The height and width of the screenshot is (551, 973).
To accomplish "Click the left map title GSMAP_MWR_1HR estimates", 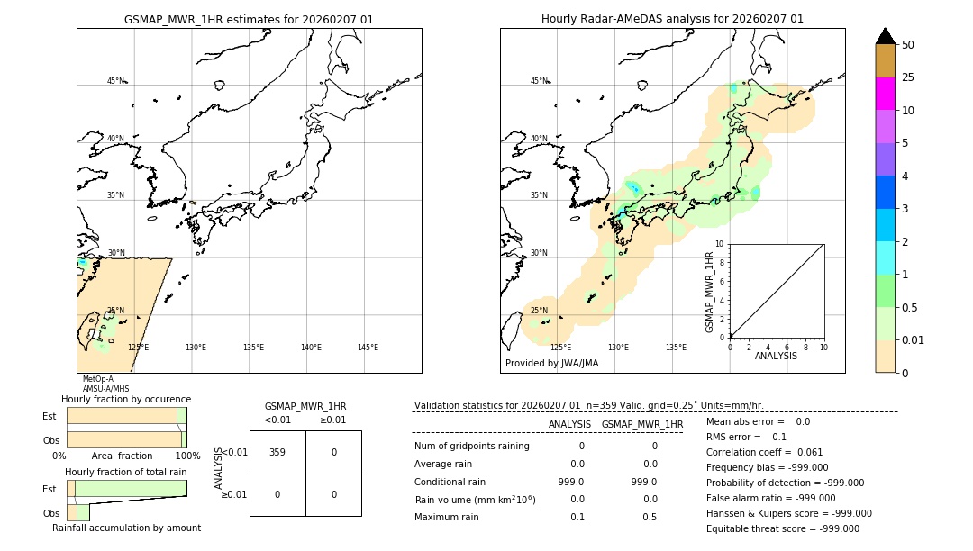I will click(249, 19).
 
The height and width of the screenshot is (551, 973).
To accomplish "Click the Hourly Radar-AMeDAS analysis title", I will click(672, 19).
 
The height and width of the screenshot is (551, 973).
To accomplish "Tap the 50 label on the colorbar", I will click(908, 45).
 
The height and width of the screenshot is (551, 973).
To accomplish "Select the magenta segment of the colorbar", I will click(885, 94).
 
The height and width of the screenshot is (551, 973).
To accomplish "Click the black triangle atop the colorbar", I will click(885, 36).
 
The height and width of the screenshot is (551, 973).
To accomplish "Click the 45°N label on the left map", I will click(115, 81).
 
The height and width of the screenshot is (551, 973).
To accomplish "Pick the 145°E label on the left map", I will click(368, 348).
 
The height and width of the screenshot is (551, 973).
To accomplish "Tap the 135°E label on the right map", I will click(676, 348).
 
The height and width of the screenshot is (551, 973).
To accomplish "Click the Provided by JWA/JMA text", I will click(551, 364).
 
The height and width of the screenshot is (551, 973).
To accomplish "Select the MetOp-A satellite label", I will click(97, 379).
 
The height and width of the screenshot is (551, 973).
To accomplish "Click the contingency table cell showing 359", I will click(277, 452).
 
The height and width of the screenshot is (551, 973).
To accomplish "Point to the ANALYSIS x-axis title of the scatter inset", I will click(777, 356).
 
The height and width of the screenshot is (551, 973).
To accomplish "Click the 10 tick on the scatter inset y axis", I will click(719, 244).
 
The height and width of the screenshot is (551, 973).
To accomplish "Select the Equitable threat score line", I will click(782, 528).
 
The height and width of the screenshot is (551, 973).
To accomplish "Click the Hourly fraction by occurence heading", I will click(126, 399).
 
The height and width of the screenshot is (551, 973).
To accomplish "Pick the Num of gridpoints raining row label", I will click(472, 446).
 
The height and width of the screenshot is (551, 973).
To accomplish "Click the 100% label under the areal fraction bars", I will click(187, 456).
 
